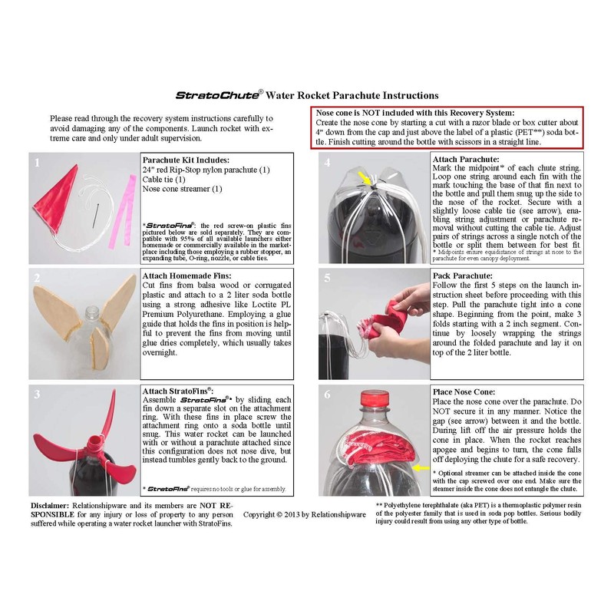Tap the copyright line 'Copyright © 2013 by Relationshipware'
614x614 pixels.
click(304, 512)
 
